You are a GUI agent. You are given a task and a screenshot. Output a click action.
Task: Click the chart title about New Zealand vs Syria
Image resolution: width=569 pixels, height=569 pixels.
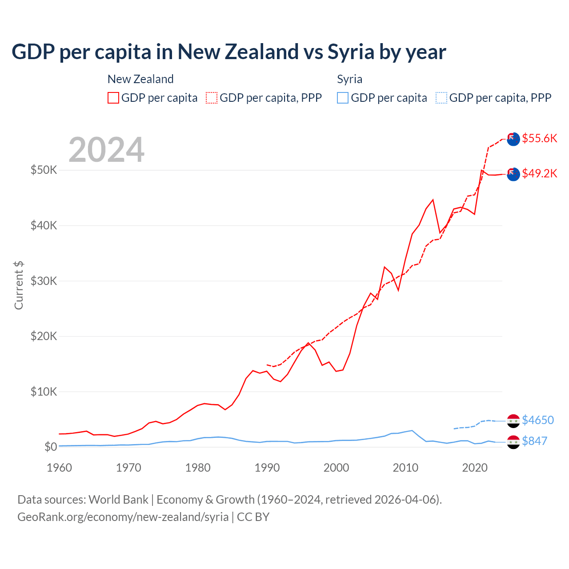click(x=228, y=52)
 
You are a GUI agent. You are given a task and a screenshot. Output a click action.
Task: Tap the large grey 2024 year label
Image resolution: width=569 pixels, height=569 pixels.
click(x=106, y=150)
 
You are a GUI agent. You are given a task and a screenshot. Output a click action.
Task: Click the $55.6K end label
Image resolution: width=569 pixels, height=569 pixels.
click(x=539, y=138)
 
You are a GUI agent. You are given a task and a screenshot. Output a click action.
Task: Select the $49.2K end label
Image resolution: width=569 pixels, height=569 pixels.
click(x=539, y=173)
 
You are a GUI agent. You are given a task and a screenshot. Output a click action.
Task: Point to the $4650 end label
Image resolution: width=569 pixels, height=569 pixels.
click(x=537, y=420)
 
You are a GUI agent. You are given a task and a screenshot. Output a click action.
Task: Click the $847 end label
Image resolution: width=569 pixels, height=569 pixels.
click(x=534, y=441)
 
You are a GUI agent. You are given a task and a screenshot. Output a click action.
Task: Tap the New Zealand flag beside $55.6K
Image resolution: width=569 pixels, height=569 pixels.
click(x=513, y=139)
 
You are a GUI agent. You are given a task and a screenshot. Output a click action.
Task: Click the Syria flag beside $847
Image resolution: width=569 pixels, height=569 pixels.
click(x=513, y=442)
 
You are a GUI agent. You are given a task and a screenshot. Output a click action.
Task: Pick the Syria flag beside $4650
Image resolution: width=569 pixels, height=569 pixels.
click(x=513, y=421)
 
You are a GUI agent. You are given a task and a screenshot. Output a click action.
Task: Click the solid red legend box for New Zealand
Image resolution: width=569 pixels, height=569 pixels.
click(x=113, y=98)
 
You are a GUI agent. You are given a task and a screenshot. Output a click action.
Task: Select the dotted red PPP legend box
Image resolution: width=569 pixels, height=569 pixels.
click(x=212, y=98)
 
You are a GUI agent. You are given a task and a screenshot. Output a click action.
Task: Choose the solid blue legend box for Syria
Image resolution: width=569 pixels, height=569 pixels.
click(x=343, y=98)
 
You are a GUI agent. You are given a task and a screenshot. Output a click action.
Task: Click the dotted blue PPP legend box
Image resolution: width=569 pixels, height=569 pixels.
click(x=441, y=98)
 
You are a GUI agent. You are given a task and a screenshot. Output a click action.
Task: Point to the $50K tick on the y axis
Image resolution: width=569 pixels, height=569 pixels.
click(x=44, y=170)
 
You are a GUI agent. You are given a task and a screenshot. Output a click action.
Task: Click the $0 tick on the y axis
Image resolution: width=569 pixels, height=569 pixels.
click(x=50, y=447)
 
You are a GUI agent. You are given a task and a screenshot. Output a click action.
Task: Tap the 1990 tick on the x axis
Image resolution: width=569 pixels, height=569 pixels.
click(x=267, y=468)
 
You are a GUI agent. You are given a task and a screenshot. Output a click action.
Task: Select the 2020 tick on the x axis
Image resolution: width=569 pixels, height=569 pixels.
click(x=475, y=468)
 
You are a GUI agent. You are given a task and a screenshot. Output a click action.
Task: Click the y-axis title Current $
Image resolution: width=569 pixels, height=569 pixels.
click(x=19, y=285)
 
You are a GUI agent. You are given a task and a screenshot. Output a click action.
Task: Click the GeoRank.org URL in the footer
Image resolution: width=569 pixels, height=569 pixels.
click(x=123, y=517)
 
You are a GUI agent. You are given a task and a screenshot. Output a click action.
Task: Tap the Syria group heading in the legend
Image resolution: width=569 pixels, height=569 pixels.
click(x=349, y=79)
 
